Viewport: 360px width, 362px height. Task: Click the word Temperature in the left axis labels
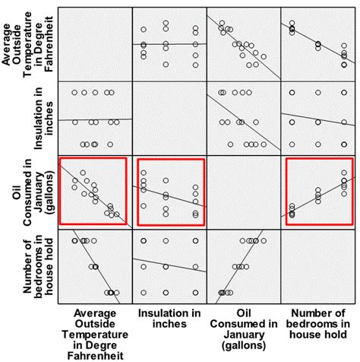tap(17, 43)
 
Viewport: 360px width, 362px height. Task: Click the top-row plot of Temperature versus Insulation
tap(169, 42)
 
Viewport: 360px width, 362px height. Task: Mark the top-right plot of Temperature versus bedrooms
tap(317, 42)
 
